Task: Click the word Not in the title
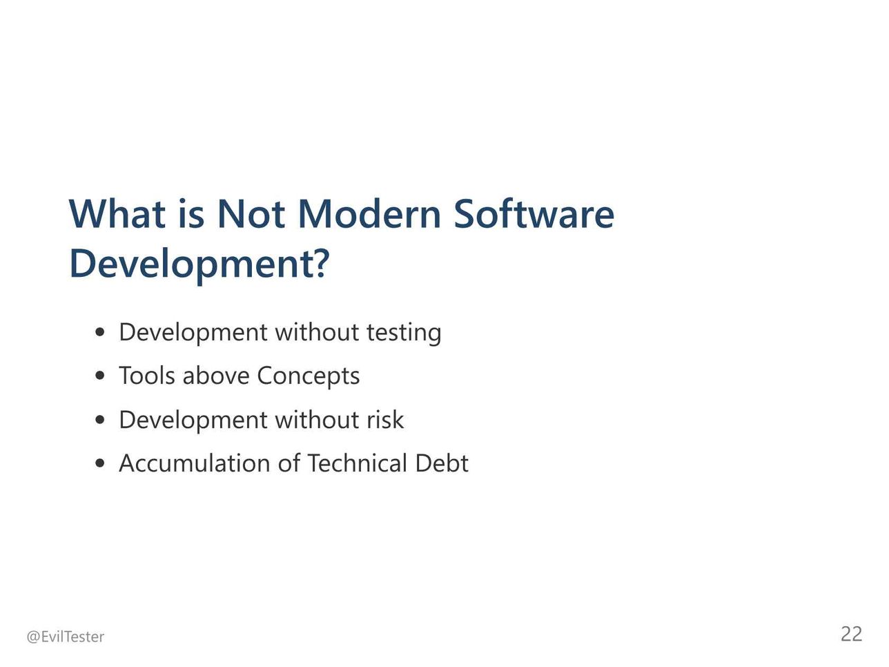point(251,214)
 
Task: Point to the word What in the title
point(117,214)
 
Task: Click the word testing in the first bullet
point(404,333)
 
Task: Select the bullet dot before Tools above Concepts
point(99,376)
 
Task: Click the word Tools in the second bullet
point(147,376)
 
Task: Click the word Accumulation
point(195,463)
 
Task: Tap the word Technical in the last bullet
point(358,463)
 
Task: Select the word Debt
point(442,463)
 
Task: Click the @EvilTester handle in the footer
point(65,637)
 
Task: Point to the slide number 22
point(851,634)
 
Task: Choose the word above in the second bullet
point(216,376)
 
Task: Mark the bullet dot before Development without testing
point(99,333)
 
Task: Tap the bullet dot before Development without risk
point(99,419)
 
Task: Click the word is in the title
point(191,214)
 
